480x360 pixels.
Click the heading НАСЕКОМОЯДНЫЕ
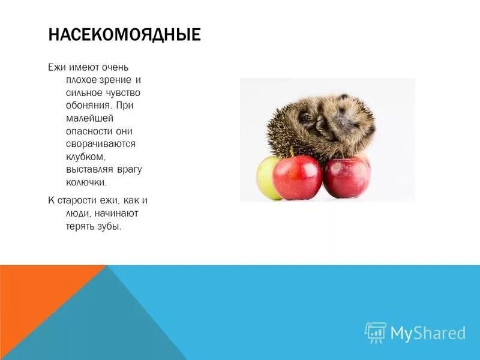tap(124, 34)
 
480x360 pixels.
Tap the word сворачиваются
tap(101, 144)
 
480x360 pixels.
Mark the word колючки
tap(86, 182)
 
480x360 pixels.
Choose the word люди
tap(79, 213)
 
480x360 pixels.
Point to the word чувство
tap(122, 92)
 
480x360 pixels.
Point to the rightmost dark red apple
tap(347, 177)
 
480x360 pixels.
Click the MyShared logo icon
tap(375, 332)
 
